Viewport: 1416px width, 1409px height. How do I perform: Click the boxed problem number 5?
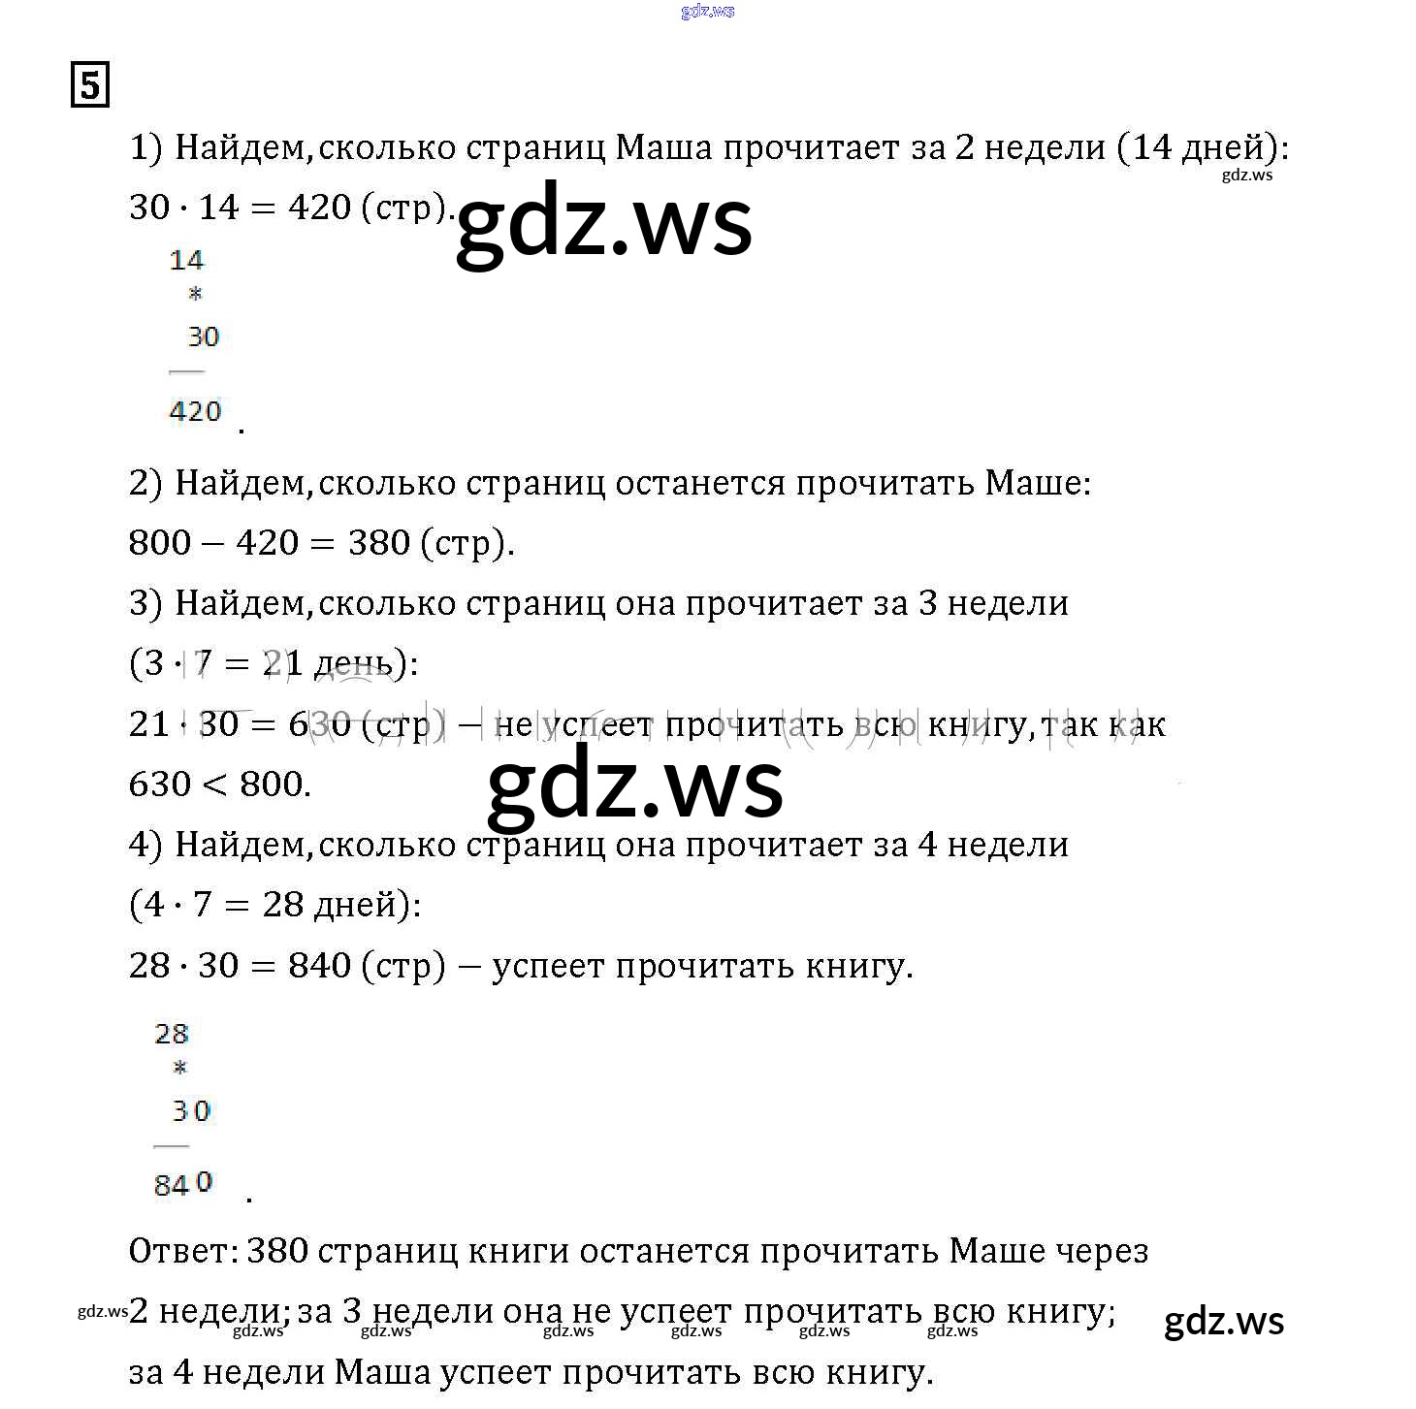(x=89, y=84)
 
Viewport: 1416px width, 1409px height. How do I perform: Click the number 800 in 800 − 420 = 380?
(x=160, y=542)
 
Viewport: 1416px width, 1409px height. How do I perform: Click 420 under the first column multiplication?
(x=195, y=411)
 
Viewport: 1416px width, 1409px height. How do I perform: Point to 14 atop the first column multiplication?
(x=186, y=260)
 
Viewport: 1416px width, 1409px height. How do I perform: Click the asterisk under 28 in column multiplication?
(x=179, y=1069)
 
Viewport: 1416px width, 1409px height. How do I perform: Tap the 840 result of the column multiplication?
(x=182, y=1184)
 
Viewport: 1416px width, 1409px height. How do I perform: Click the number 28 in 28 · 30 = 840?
(x=149, y=965)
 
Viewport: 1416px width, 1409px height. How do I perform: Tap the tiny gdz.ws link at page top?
(x=707, y=12)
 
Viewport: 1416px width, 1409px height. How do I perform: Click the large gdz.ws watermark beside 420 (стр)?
(x=603, y=223)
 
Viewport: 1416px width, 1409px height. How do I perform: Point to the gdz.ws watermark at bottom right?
(x=1224, y=1322)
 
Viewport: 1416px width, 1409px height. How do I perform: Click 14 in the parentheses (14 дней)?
(x=1151, y=147)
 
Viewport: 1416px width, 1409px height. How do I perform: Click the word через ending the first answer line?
(x=1101, y=1251)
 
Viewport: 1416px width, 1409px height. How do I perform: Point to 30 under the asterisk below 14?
(x=203, y=336)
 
